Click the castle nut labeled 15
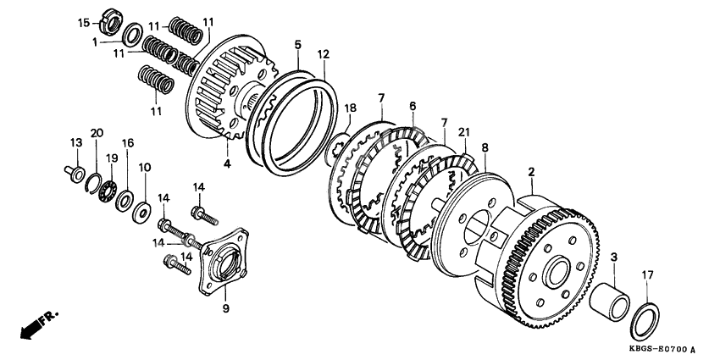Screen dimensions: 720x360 click(x=111, y=21)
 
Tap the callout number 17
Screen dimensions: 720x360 click(x=647, y=274)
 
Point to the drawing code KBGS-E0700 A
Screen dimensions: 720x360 click(x=662, y=350)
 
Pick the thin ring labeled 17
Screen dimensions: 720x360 click(x=645, y=322)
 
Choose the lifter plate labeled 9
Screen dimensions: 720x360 click(x=224, y=260)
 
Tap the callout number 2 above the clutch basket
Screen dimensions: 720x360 click(x=531, y=173)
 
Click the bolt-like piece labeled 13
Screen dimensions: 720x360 click(x=75, y=174)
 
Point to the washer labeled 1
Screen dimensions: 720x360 click(x=132, y=35)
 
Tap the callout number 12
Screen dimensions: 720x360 click(x=324, y=54)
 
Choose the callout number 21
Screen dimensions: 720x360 click(x=464, y=132)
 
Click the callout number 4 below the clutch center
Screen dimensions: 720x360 click(x=228, y=163)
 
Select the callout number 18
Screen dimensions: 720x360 click(x=351, y=108)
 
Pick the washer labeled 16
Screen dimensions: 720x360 click(x=124, y=201)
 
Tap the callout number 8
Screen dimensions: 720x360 click(x=485, y=148)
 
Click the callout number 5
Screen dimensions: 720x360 click(x=298, y=45)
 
